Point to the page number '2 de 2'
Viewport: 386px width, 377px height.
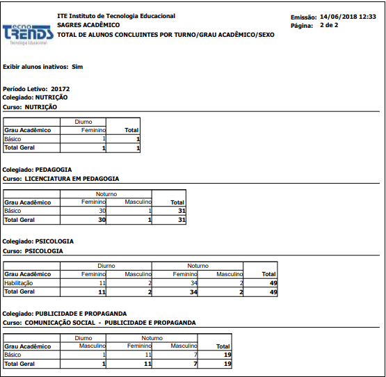click(329, 25)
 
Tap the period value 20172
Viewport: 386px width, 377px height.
click(61, 89)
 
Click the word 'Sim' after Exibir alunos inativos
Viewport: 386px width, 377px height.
click(77, 67)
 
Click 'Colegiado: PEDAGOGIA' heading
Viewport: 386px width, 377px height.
click(38, 169)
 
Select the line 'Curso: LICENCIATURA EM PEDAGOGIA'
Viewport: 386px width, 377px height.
click(61, 178)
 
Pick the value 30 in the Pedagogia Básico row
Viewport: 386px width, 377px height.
click(102, 211)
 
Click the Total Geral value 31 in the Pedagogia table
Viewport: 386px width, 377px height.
click(181, 220)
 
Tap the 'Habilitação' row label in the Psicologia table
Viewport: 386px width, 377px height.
click(19, 283)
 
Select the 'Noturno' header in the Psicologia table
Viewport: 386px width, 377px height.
click(198, 266)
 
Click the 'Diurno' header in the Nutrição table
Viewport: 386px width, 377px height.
click(83, 122)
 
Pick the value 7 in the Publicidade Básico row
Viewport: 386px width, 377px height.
click(194, 355)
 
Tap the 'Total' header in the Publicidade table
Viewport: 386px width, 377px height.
click(223, 346)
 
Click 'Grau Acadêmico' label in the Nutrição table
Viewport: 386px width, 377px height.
click(28, 130)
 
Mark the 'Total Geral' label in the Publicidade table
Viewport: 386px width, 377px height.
click(19, 364)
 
